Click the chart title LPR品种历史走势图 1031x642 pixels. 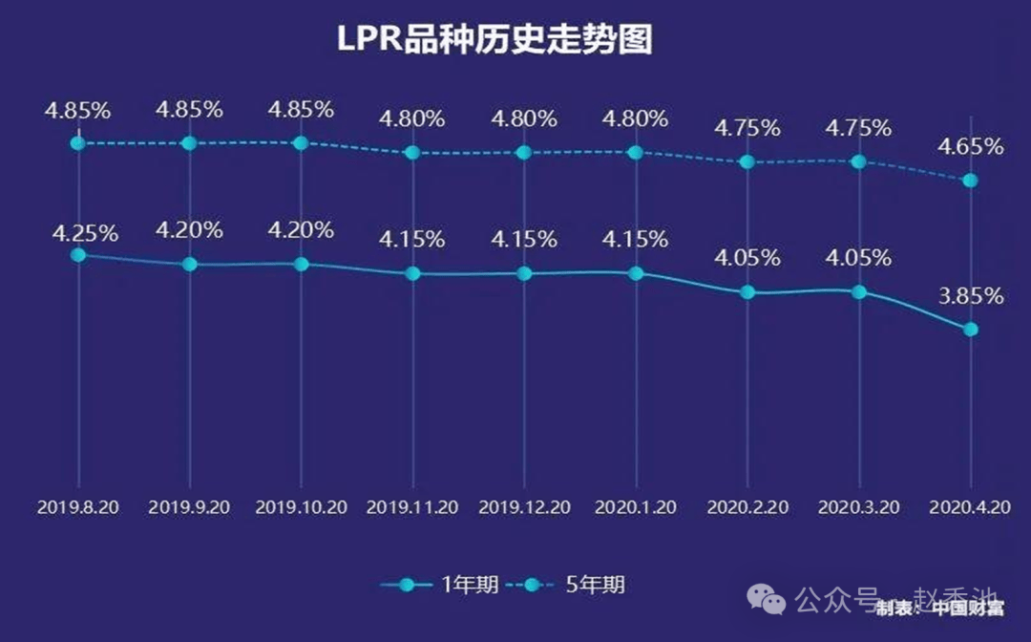pos(495,40)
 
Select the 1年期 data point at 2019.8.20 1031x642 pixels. pos(78,255)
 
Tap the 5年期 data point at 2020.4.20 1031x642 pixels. pos(971,181)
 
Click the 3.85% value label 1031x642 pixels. pos(970,296)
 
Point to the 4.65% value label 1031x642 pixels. pos(970,147)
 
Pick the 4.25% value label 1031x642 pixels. pos(78,233)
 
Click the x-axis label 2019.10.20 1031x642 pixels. pos(301,508)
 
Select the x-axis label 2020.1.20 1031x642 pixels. pos(636,508)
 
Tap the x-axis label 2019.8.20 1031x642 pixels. pos(78,508)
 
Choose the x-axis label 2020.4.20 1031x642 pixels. pos(970,508)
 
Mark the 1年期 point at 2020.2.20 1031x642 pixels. pos(747,292)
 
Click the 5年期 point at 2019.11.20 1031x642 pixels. pos(412,152)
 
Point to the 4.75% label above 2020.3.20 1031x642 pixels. pos(858,128)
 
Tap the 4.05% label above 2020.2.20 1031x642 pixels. pos(747,258)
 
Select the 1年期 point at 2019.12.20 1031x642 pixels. pos(524,273)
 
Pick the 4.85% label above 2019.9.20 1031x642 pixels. pos(189,110)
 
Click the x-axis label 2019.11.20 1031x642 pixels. pos(412,508)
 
